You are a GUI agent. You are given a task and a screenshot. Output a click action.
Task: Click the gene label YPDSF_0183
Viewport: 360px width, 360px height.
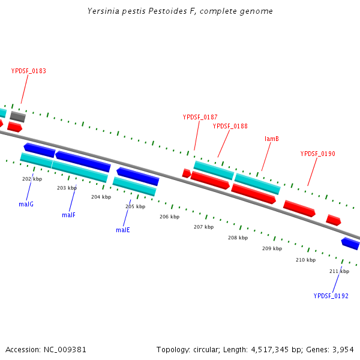pyautogui.click(x=28, y=71)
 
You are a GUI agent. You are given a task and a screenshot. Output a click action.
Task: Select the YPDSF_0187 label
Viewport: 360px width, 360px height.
pyautogui.click(x=200, y=117)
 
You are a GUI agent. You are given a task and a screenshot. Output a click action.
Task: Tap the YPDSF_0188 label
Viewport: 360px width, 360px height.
pyautogui.click(x=230, y=126)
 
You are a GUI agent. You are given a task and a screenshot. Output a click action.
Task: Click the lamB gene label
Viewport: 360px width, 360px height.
pyautogui.click(x=272, y=139)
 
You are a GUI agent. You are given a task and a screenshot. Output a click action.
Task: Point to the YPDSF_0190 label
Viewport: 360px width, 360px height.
pyautogui.click(x=317, y=154)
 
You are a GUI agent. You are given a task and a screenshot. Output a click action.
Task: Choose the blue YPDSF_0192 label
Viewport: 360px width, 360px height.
pyautogui.click(x=331, y=296)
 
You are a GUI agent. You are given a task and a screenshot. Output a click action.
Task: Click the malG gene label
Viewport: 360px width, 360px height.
pyautogui.click(x=26, y=204)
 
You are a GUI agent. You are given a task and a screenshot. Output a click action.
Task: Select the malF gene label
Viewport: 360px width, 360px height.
pyautogui.click(x=68, y=215)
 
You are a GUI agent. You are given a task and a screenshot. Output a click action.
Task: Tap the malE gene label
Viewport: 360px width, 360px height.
pyautogui.click(x=123, y=230)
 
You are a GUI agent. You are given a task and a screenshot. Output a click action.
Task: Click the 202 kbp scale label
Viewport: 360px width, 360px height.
pyautogui.click(x=32, y=179)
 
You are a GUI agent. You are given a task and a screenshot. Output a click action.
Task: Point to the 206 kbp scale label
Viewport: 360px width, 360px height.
pyautogui.click(x=169, y=217)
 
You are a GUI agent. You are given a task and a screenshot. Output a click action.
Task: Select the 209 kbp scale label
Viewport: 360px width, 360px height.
pyautogui.click(x=272, y=248)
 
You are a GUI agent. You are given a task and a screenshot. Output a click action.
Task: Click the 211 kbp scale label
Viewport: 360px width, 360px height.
pyautogui.click(x=339, y=271)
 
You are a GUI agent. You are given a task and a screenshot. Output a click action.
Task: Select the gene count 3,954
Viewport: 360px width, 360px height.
pyautogui.click(x=343, y=349)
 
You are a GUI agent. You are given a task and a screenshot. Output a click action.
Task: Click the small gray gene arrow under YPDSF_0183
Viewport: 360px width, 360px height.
pyautogui.click(x=17, y=116)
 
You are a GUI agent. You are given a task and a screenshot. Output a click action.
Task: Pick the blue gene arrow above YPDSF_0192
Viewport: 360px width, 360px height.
pyautogui.click(x=350, y=243)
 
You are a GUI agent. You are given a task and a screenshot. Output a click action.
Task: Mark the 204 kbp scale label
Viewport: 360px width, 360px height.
pyautogui.click(x=101, y=197)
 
